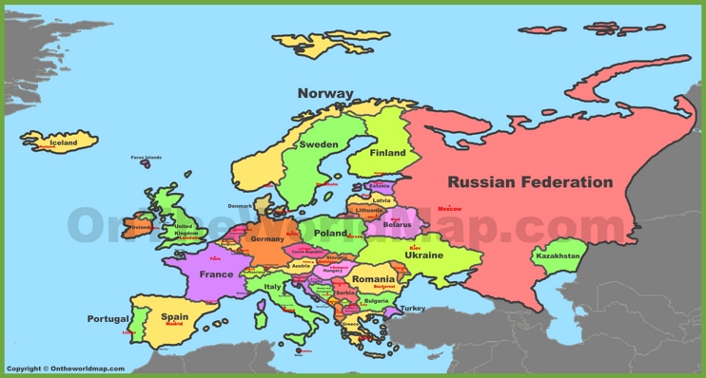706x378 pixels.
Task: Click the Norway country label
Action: click(324, 93)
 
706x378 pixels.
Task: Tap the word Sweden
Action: click(319, 144)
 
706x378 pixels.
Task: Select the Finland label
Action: click(387, 152)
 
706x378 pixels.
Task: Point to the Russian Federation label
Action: click(530, 181)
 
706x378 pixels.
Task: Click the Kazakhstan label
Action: click(558, 255)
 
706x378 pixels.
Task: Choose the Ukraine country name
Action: click(423, 255)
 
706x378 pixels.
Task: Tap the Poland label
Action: click(331, 233)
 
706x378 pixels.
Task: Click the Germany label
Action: click(266, 239)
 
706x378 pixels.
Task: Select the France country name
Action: click(216, 274)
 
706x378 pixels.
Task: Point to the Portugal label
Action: click(108, 318)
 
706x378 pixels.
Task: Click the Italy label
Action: click(273, 286)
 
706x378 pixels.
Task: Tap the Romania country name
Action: click(372, 279)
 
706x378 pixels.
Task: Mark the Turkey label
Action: click(412, 308)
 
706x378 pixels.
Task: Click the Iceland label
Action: click(63, 142)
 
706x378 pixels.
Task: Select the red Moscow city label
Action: click(449, 208)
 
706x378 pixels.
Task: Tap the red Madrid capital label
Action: click(174, 324)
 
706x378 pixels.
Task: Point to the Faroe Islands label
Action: click(146, 157)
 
